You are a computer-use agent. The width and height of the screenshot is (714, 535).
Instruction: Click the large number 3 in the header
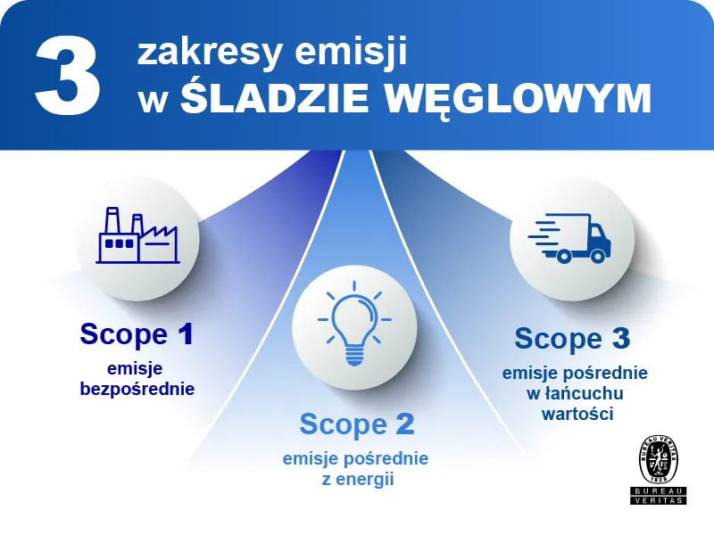click(x=67, y=78)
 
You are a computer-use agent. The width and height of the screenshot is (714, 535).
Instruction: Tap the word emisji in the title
click(x=351, y=53)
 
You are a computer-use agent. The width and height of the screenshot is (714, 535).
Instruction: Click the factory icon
click(x=137, y=235)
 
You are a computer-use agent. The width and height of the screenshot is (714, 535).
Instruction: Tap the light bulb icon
click(x=354, y=324)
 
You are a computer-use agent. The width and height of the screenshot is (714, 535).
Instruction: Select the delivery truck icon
click(x=569, y=237)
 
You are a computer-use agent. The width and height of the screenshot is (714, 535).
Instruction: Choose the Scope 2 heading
click(x=357, y=424)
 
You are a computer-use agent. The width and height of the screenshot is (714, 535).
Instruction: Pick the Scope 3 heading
click(x=572, y=339)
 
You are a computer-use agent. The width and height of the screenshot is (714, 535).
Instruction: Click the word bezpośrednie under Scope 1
click(x=137, y=389)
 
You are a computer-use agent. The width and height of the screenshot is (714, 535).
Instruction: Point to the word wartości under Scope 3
click(x=577, y=414)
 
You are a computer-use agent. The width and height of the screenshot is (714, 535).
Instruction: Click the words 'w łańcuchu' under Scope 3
click(x=575, y=393)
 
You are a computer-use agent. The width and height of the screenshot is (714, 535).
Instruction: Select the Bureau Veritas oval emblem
click(x=659, y=459)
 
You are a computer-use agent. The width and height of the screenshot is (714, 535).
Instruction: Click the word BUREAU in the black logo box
click(x=659, y=491)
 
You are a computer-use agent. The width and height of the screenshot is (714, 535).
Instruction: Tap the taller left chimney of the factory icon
click(x=112, y=221)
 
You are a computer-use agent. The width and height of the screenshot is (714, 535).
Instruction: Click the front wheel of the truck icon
click(x=597, y=256)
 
